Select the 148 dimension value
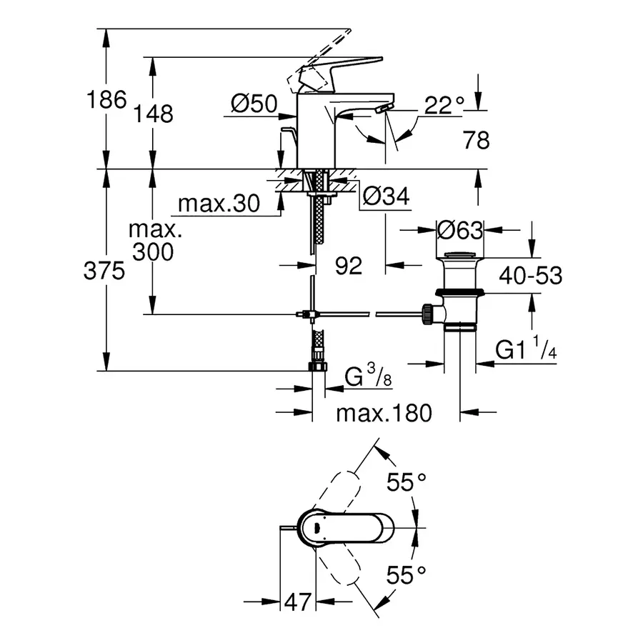[x=154, y=113]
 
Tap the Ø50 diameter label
[x=254, y=105]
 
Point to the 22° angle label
[x=444, y=106]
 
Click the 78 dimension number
[x=475, y=141]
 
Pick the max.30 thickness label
[x=218, y=204]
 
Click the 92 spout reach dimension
[x=349, y=266]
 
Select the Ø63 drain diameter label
[x=460, y=230]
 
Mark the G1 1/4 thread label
[x=524, y=350]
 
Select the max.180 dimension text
[x=384, y=413]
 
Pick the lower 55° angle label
[x=407, y=574]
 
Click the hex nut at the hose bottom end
[x=317, y=367]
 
